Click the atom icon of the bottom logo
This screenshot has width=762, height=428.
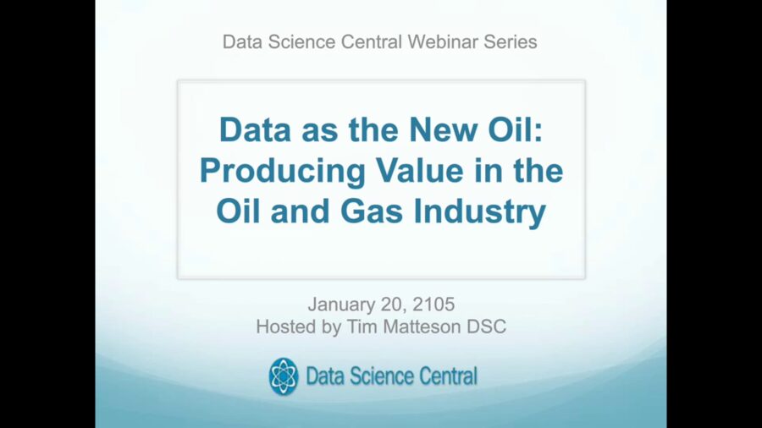coord(284,376)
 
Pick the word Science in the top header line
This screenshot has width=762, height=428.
coord(304,41)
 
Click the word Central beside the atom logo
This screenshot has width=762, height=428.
coord(444,376)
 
